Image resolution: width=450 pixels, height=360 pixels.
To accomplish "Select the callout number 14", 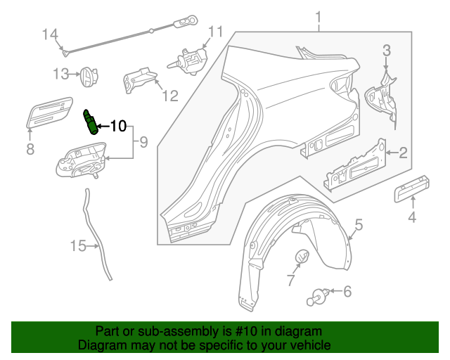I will click(50, 34).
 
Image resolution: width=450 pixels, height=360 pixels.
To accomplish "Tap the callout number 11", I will click(214, 31).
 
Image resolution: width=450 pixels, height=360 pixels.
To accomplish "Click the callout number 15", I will click(78, 245).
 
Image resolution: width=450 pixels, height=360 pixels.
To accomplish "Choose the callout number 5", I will click(358, 225).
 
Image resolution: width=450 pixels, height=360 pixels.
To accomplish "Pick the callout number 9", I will click(143, 143).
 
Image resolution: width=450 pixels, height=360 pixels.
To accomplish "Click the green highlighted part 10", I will click(90, 120).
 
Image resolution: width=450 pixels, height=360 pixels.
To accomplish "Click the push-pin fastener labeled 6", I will click(318, 295).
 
